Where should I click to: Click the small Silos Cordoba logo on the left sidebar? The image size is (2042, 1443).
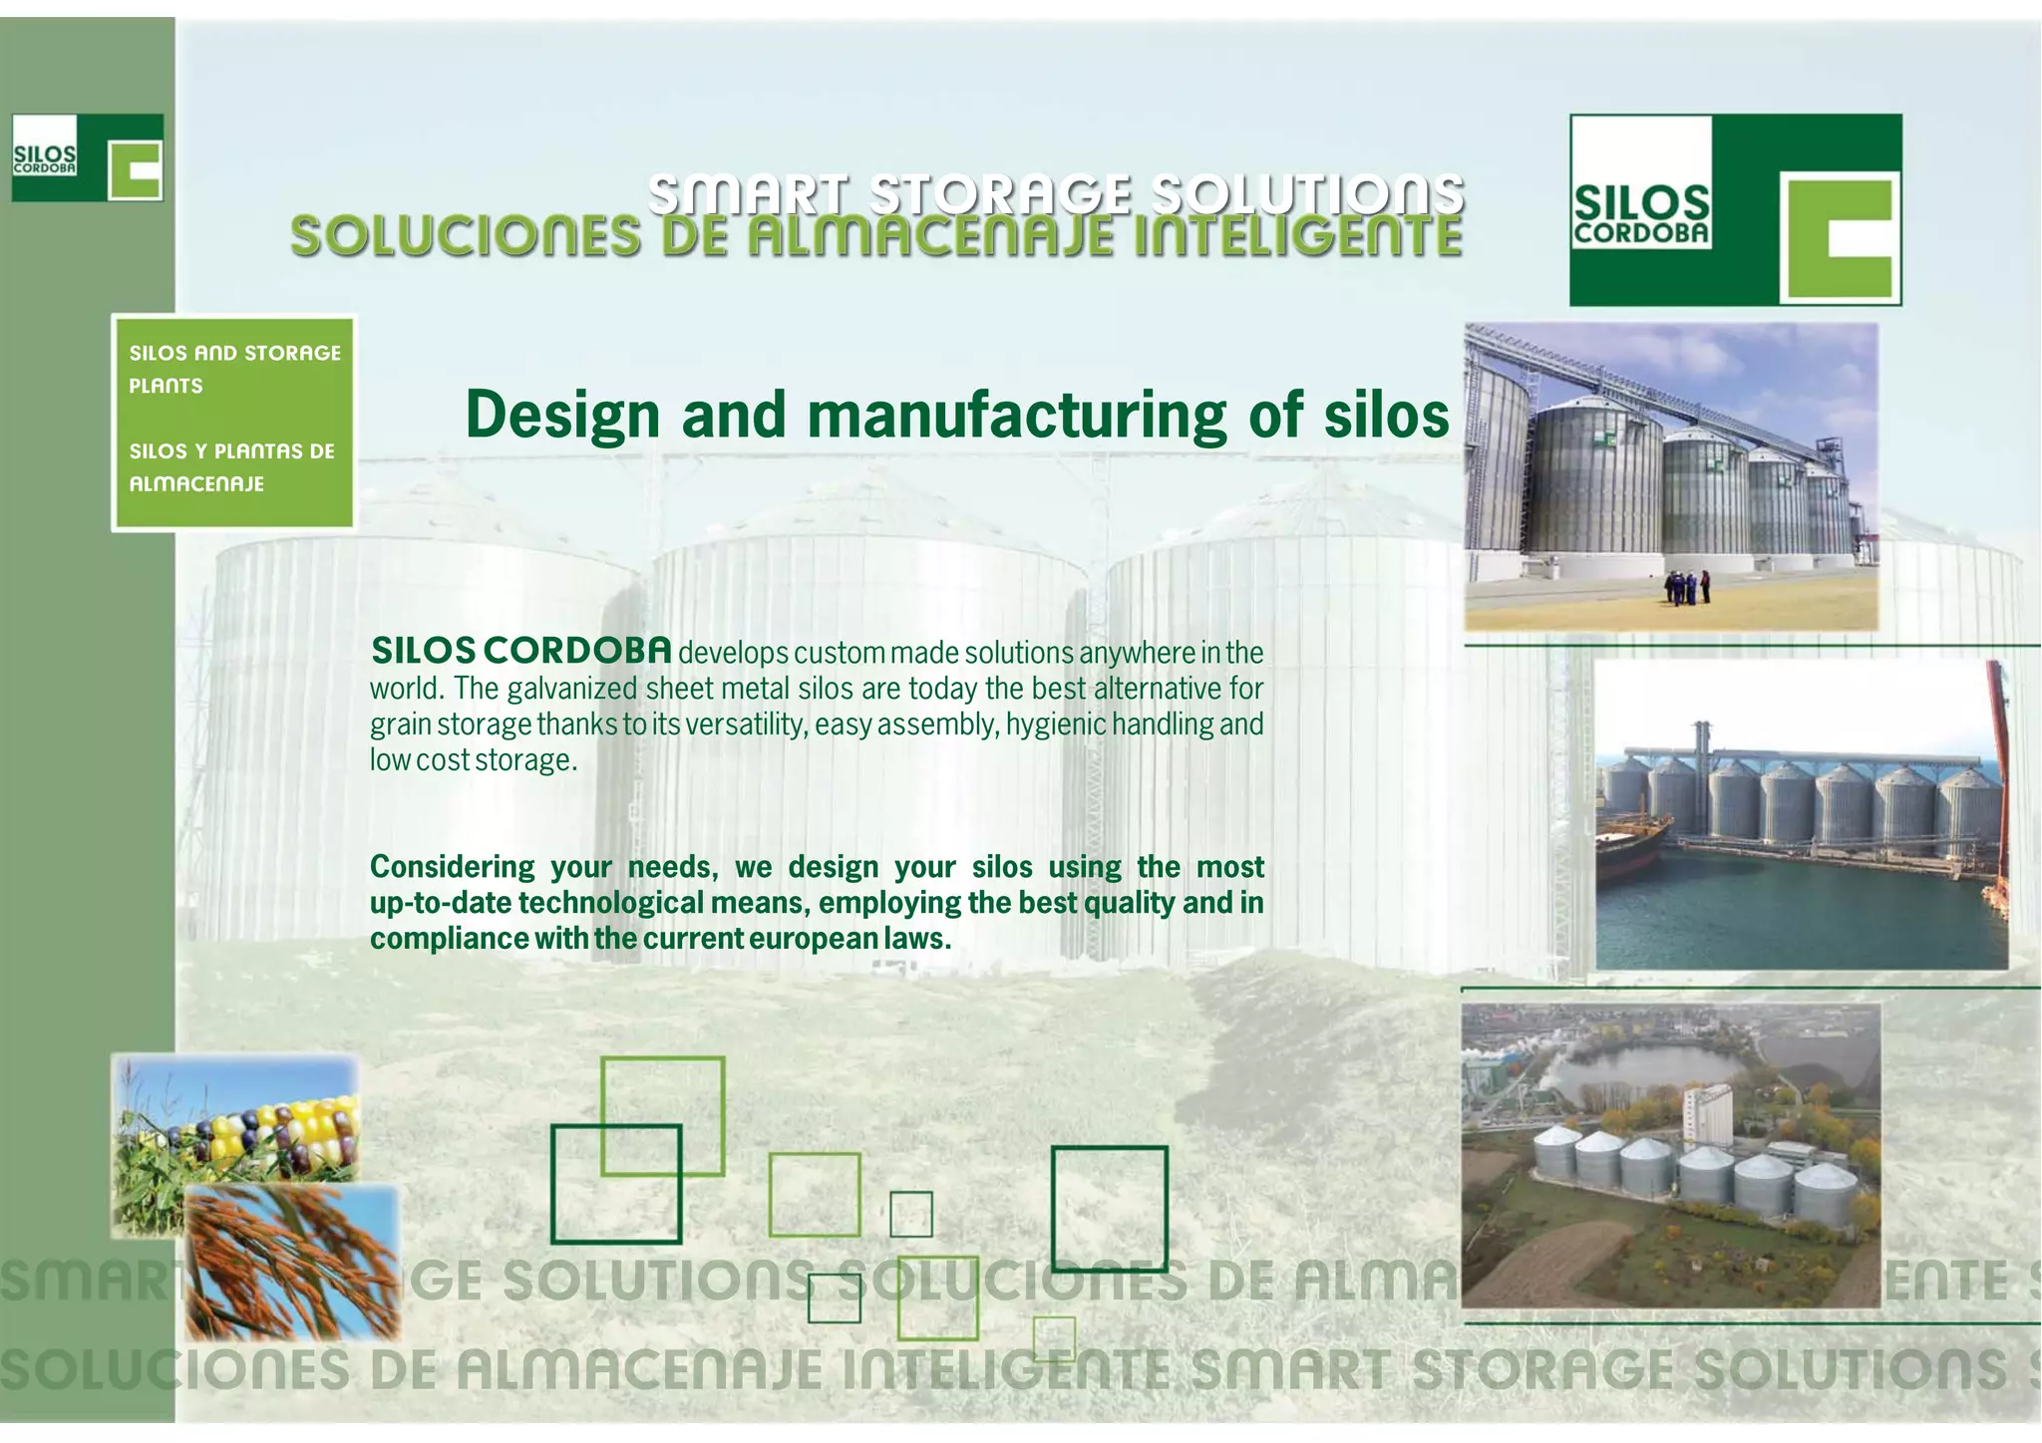(87, 157)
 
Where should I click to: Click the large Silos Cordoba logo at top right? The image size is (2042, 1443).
(1735, 209)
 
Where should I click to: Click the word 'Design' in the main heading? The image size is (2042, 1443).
(562, 417)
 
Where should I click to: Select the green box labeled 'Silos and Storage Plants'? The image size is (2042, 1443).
(234, 423)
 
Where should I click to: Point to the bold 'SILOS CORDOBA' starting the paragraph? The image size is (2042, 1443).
(521, 652)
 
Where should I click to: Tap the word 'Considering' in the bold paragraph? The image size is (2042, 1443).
(452, 867)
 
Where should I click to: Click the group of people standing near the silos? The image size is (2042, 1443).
(1686, 587)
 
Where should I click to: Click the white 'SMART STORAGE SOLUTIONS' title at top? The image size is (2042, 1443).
(1056, 192)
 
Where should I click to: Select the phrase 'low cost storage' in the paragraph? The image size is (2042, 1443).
(473, 760)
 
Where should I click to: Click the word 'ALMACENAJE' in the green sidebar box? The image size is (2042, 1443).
(196, 484)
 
